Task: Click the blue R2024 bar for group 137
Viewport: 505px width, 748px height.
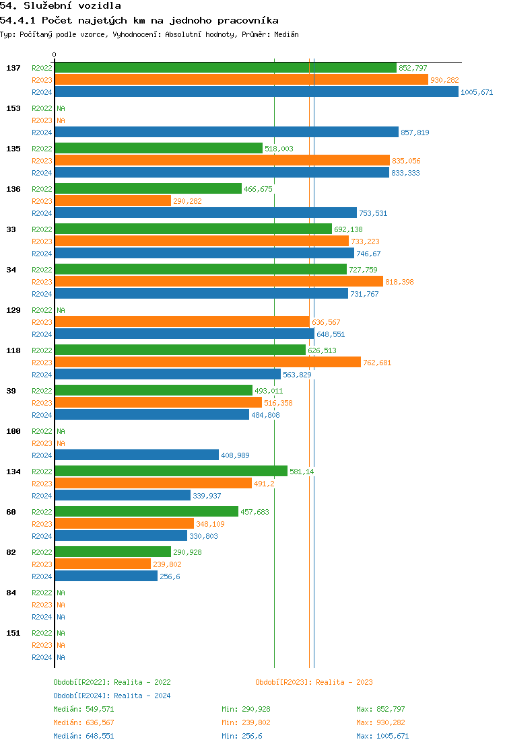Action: (x=256, y=92)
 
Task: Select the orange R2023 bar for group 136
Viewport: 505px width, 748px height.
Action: (x=112, y=201)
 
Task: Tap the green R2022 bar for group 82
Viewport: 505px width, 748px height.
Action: (x=112, y=552)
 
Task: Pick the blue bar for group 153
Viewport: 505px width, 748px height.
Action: (x=226, y=133)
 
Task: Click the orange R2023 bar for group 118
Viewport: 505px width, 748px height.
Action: (x=207, y=363)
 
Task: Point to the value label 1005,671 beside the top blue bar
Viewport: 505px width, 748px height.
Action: (x=477, y=93)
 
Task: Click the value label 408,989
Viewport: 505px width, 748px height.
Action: (x=235, y=456)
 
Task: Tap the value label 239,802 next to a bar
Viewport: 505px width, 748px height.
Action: (x=167, y=565)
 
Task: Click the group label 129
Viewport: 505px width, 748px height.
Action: (x=13, y=310)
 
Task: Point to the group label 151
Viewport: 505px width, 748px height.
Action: (x=13, y=633)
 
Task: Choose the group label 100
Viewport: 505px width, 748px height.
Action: (x=13, y=431)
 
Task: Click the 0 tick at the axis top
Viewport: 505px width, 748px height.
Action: (x=55, y=54)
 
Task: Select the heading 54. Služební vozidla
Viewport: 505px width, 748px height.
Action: (x=61, y=6)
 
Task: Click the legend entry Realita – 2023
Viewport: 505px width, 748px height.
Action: (x=314, y=682)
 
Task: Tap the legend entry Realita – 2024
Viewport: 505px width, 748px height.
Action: (x=112, y=696)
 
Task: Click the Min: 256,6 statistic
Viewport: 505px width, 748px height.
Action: (x=242, y=736)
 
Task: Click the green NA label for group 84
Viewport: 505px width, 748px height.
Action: (x=61, y=593)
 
